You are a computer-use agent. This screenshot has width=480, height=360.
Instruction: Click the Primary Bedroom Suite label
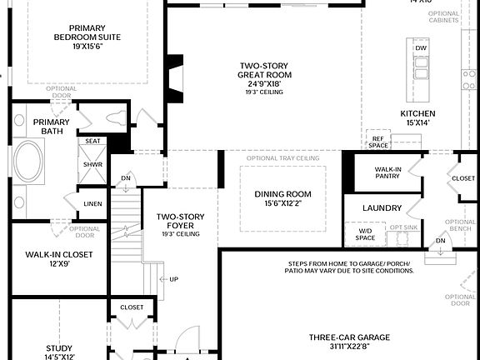[87, 37]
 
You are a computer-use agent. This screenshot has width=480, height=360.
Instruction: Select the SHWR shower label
[92, 164]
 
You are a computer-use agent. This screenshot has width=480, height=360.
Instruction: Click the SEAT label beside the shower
[92, 142]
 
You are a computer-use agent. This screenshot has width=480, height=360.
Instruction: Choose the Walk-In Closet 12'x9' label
[58, 259]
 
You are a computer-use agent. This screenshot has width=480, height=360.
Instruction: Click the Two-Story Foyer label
[180, 222]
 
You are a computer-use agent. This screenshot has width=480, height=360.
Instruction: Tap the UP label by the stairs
[173, 279]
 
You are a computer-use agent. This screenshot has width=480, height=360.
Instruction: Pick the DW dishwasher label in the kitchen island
[422, 48]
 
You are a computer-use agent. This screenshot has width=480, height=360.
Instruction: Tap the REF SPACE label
[379, 142]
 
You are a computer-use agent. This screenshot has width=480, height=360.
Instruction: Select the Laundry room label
[382, 207]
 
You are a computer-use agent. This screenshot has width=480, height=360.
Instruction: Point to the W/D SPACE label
[366, 235]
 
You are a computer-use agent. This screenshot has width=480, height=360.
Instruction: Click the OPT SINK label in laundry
[403, 227]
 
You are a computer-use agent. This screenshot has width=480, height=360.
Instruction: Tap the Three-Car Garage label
[349, 342]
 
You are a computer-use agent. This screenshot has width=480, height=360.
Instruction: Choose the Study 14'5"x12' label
[58, 352]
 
